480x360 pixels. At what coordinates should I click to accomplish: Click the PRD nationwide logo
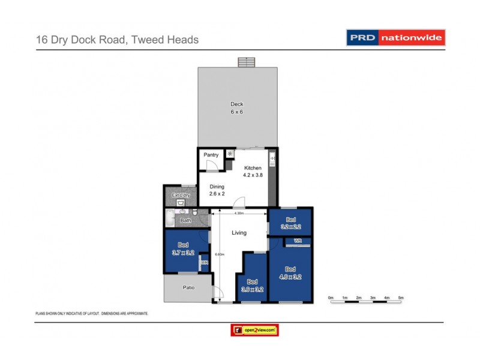pyautogui.click(x=396, y=37)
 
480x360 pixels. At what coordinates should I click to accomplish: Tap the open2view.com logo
pyautogui.click(x=255, y=330)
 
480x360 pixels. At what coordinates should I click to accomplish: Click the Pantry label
pyautogui.click(x=211, y=155)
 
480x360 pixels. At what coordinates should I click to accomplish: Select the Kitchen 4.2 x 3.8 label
pyautogui.click(x=253, y=171)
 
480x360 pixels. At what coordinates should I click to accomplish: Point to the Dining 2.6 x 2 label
pyautogui.click(x=217, y=190)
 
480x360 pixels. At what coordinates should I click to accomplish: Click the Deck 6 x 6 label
pyautogui.click(x=236, y=108)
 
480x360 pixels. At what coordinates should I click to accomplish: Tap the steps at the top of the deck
pyautogui.click(x=246, y=62)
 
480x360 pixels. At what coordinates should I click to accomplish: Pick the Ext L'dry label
pyautogui.click(x=180, y=195)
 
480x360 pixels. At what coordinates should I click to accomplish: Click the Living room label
pyautogui.click(x=239, y=233)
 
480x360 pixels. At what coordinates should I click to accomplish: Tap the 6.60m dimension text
pyautogui.click(x=220, y=254)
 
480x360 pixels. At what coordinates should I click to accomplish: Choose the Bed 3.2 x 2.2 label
pyautogui.click(x=291, y=223)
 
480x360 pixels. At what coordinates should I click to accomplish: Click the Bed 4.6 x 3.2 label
pyautogui.click(x=290, y=273)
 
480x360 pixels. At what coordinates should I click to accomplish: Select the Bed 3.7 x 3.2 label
pyautogui.click(x=184, y=248)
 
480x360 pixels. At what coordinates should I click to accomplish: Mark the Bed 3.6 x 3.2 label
pyautogui.click(x=252, y=285)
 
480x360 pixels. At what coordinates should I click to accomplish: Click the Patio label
pyautogui.click(x=188, y=287)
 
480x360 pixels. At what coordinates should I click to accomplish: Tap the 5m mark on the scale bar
pyautogui.click(x=401, y=298)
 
